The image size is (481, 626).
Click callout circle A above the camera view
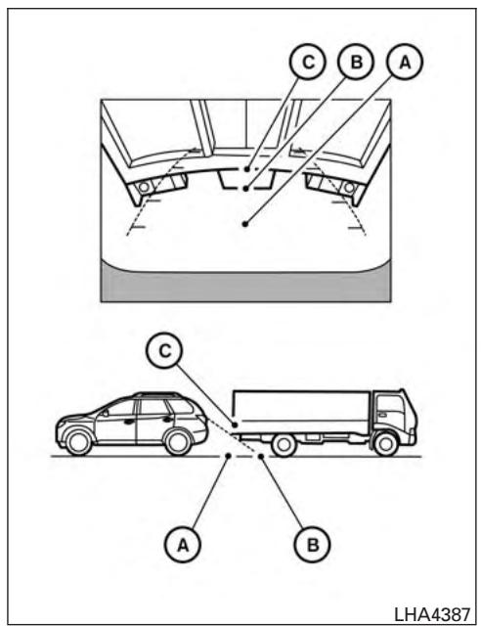click(405, 63)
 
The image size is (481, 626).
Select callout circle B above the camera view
click(356, 63)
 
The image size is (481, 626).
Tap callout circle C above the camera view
click(308, 63)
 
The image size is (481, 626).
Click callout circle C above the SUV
click(164, 350)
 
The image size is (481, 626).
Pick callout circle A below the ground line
click(183, 544)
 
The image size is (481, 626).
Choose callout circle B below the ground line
click(313, 544)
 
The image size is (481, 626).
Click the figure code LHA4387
click(432, 613)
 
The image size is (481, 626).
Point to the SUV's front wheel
click(78, 442)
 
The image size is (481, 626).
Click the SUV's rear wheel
click(178, 442)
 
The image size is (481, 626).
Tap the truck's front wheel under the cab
click(385, 443)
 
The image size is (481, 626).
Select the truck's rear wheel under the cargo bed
click(284, 444)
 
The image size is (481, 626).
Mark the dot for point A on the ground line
click(229, 456)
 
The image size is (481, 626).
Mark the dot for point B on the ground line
click(261, 456)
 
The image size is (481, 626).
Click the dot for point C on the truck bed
click(236, 425)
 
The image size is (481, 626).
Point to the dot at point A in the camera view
click(245, 224)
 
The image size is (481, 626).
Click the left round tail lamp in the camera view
click(144, 187)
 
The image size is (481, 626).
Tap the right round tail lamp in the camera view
click(349, 187)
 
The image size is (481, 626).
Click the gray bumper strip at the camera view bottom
click(245, 286)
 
